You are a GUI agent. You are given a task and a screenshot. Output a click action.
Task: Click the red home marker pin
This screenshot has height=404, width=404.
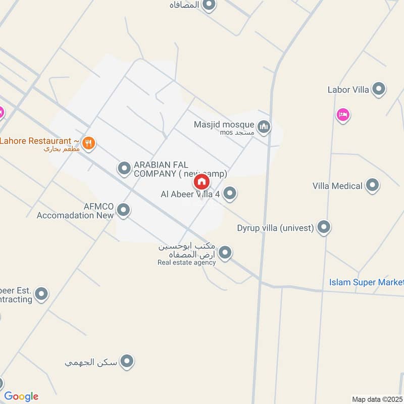coord(201,181)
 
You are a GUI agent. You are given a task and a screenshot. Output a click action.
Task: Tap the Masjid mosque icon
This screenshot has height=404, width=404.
coord(264,127)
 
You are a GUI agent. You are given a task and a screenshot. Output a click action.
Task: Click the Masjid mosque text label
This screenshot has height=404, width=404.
coord(224,124)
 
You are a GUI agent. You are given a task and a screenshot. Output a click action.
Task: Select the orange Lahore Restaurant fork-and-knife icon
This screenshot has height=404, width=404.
coord(89,143)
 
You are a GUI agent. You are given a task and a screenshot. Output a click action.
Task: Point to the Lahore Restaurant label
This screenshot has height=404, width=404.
coord(39,141)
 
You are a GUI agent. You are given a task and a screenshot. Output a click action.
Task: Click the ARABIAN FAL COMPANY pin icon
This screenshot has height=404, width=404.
coord(124,168)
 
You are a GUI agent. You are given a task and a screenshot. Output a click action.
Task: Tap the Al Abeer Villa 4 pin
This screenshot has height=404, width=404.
coord(230,193)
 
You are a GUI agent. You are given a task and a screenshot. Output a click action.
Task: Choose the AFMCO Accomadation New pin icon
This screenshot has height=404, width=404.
coord(123,210)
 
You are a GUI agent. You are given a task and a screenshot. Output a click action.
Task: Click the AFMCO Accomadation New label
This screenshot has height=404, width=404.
coord(75,211)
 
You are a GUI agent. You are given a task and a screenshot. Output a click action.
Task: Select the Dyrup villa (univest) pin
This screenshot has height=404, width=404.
coord(324,227)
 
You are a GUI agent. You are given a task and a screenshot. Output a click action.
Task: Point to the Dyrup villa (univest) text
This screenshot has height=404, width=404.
coord(276,228)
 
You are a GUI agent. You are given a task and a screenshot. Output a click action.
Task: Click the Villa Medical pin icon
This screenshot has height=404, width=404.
coord(373,185)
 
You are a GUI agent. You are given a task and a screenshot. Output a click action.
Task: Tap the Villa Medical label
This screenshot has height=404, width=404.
coord(337,186)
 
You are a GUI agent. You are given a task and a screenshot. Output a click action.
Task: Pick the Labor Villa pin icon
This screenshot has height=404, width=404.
coord(378,90)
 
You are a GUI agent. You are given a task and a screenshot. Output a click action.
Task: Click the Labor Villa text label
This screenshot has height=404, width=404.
coord(348,90)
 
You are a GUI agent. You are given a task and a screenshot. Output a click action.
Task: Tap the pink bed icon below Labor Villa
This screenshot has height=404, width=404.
coord(343,115)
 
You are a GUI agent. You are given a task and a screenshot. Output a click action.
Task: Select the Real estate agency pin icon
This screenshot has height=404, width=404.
coord(225,252)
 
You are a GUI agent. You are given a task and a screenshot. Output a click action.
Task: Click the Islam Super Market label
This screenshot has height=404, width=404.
coord(366,282)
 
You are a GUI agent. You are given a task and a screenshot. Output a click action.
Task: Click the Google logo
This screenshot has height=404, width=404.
coord(21,396)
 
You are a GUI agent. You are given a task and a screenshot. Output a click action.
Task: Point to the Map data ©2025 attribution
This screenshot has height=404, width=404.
coord(377,399)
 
